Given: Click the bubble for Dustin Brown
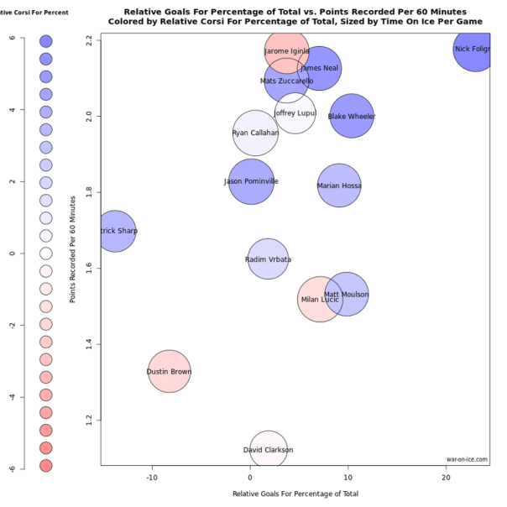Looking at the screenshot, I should point(170,371).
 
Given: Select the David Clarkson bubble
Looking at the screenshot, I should point(268,450).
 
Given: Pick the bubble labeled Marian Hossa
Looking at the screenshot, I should point(339,186).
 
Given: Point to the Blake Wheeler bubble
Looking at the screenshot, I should point(352,116).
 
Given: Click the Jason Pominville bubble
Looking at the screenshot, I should point(251,181).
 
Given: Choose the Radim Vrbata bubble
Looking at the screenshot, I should point(268,259).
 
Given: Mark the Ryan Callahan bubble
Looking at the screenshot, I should point(255,133).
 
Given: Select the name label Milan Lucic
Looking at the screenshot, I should point(319,300).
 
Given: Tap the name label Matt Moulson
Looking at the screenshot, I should point(346,295).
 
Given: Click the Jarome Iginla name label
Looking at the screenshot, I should point(287,51).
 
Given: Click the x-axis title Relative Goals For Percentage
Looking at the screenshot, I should point(295,494).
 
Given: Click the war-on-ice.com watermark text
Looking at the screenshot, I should point(467,459).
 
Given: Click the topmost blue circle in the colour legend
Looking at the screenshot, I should point(46,41).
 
